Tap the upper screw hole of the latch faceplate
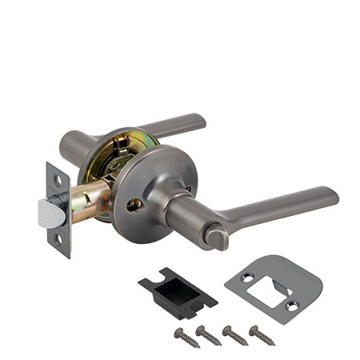coord(57,181)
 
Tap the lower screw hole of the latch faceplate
coord(58,238)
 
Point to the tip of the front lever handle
coord(331,196)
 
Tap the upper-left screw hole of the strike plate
coord(246,277)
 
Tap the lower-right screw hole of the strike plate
coord(292,306)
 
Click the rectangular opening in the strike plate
coord(268,292)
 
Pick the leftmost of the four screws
coord(186,338)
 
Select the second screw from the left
coord(209,335)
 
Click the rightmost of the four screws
coord(262,334)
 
